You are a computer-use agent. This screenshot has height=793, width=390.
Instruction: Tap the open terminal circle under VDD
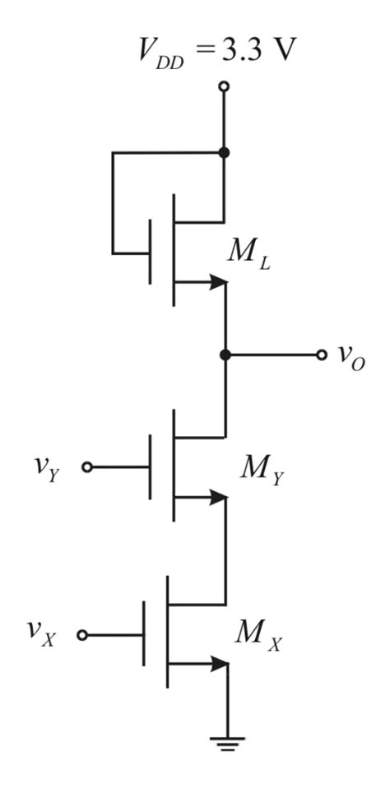coord(224,86)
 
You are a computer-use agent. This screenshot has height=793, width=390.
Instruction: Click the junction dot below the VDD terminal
coord(224,153)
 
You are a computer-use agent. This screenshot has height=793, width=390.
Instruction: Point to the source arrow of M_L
coord(217,282)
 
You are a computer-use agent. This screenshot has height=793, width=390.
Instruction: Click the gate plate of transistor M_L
coord(151,253)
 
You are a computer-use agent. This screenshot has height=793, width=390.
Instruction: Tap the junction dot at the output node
coord(224,355)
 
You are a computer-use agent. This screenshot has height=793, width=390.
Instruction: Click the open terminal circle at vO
coord(321,355)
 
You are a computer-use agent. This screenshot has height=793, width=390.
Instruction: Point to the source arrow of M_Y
coord(217,497)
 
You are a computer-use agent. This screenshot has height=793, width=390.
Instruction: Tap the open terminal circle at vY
coord(87,467)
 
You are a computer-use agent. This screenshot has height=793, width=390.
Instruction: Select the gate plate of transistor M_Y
coord(151,467)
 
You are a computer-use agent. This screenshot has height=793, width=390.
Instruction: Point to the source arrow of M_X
coord(217,663)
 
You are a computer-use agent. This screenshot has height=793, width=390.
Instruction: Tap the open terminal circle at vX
coord(81,635)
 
